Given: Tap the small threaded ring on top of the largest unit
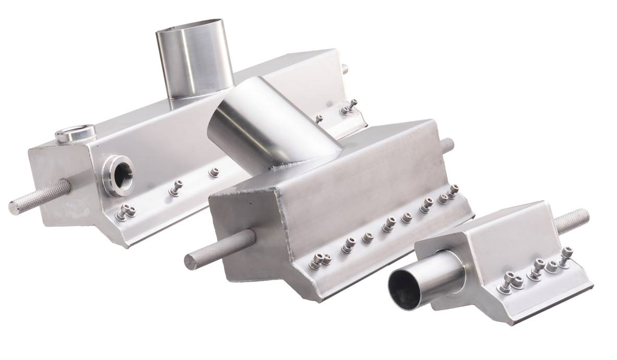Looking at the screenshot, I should pyautogui.click(x=76, y=134).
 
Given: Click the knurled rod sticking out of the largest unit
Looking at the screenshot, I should pyautogui.click(x=40, y=197).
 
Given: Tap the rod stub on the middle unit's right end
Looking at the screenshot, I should pyautogui.click(x=447, y=145).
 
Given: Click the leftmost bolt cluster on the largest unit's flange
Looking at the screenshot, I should pyautogui.click(x=125, y=211).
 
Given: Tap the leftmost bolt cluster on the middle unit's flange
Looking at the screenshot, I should pyautogui.click(x=319, y=260).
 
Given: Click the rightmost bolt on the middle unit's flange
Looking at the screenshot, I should pyautogui.click(x=454, y=191).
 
